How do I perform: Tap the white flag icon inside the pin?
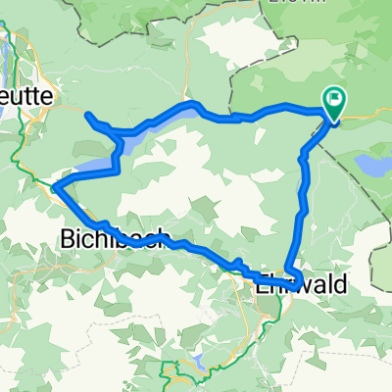click(x=335, y=99)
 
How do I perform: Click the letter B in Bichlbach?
click(x=68, y=238)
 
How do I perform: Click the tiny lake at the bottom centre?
click(x=200, y=361)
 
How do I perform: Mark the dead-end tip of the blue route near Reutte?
click(x=87, y=116)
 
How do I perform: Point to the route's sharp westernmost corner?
click(x=55, y=187)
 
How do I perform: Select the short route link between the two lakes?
click(x=119, y=157)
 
